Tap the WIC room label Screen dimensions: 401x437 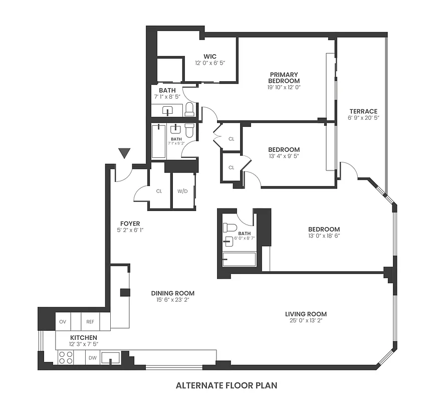209,56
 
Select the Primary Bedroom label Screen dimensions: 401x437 284,78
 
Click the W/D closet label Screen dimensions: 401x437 183,191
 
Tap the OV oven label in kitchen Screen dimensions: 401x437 63,321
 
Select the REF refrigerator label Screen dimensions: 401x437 90,321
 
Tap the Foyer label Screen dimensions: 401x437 130,224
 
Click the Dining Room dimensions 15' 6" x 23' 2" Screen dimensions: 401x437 173,300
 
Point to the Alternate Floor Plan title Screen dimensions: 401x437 226,385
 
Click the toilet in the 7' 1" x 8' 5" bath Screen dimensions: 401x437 189,109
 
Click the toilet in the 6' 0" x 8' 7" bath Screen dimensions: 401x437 230,228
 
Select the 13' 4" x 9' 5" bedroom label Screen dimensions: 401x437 284,149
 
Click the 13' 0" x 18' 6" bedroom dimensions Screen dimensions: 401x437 324,236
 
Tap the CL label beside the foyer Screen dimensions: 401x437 159,191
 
